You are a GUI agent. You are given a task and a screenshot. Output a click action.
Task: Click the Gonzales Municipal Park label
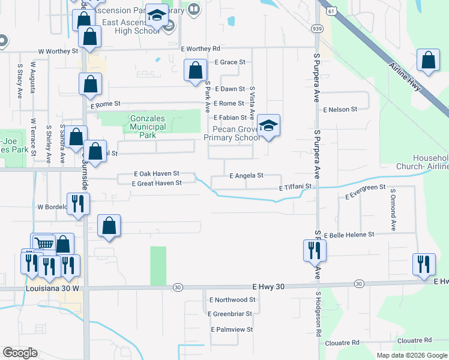pos(148,127)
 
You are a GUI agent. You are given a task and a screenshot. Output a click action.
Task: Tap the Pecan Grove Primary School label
pos(231,133)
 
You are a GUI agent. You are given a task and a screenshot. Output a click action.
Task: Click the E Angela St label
pos(247,176)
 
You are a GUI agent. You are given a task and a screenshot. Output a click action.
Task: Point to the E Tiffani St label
pos(296,187)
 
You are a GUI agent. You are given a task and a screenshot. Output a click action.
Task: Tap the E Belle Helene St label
pos(349,235)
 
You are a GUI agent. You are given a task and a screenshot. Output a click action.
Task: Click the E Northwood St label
pos(232,299)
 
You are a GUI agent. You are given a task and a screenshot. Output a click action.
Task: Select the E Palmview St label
pos(232,329)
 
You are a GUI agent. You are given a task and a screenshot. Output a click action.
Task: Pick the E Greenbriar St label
pos(231,313)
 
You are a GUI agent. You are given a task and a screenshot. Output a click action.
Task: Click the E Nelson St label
pos(340,110)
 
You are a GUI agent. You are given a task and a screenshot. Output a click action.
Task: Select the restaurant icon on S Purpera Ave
pos(313,250)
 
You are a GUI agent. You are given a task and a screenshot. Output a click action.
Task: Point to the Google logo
pos(20,352)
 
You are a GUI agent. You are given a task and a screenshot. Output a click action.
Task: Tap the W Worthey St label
pos(59,52)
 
